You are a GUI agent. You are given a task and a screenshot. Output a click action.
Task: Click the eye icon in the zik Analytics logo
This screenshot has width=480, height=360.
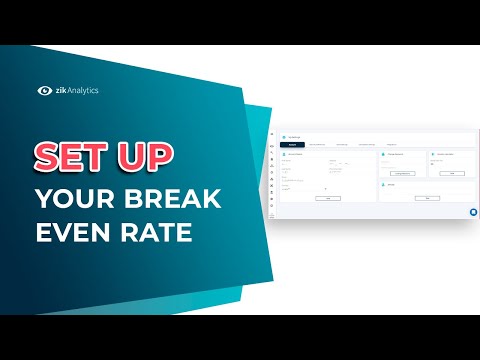tap(45, 90)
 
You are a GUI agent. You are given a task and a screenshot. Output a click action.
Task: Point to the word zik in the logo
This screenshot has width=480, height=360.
tap(61, 90)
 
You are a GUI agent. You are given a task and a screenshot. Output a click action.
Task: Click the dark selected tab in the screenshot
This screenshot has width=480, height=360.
tap(293, 143)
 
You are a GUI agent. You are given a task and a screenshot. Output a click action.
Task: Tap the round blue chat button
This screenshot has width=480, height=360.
tap(472, 212)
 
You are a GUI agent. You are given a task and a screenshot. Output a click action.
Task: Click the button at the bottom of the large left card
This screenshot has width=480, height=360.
tap(328, 198)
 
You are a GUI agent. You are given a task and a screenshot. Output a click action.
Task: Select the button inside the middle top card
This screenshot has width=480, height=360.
tap(402, 173)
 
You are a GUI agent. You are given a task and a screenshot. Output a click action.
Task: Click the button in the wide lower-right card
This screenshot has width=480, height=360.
tap(428, 198)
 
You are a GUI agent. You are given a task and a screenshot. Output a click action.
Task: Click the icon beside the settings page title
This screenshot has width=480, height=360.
tap(284, 135)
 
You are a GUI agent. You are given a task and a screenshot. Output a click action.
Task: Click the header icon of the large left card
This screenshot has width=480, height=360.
tap(284, 154)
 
